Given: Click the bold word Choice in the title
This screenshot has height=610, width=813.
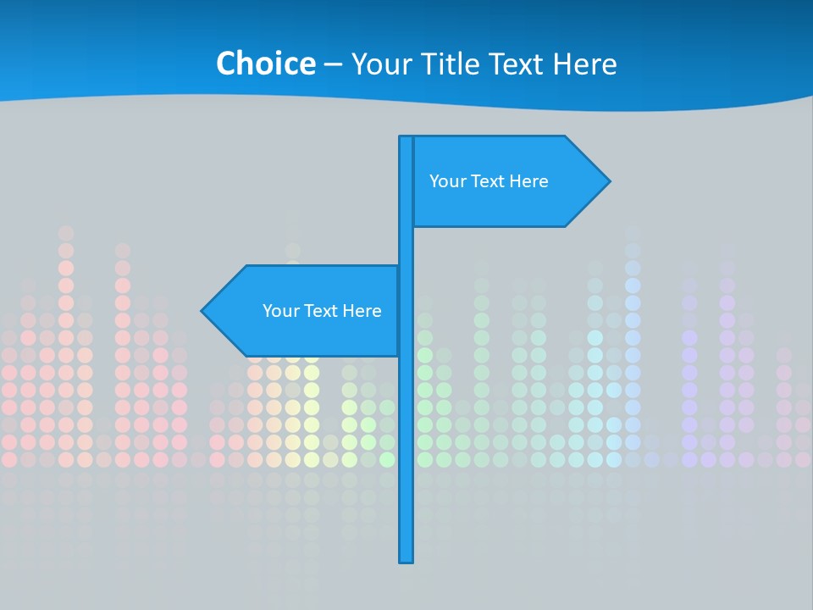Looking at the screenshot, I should tap(265, 64).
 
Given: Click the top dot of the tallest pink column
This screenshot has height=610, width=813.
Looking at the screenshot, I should tap(66, 232).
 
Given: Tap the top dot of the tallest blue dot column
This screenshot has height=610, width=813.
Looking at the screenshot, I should tap(633, 232).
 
